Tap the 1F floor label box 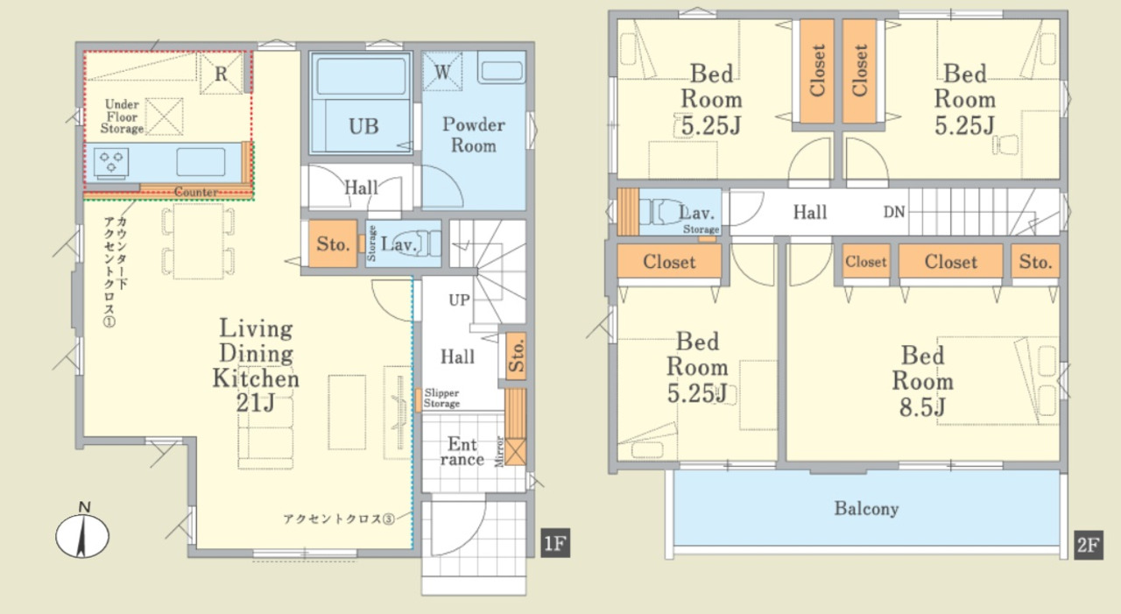[555, 543]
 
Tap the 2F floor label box [1089, 545]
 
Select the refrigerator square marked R [222, 74]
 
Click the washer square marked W [442, 72]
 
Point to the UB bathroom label [363, 127]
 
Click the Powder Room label [474, 135]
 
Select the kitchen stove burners [111, 163]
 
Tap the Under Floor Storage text [122, 116]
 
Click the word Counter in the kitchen [195, 192]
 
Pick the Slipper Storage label [441, 399]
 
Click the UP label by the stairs [460, 300]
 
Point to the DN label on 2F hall [894, 212]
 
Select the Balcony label [866, 509]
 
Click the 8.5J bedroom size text [922, 406]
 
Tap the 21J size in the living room [255, 403]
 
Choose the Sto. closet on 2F [1035, 261]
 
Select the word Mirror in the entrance [499, 452]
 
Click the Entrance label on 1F [462, 451]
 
